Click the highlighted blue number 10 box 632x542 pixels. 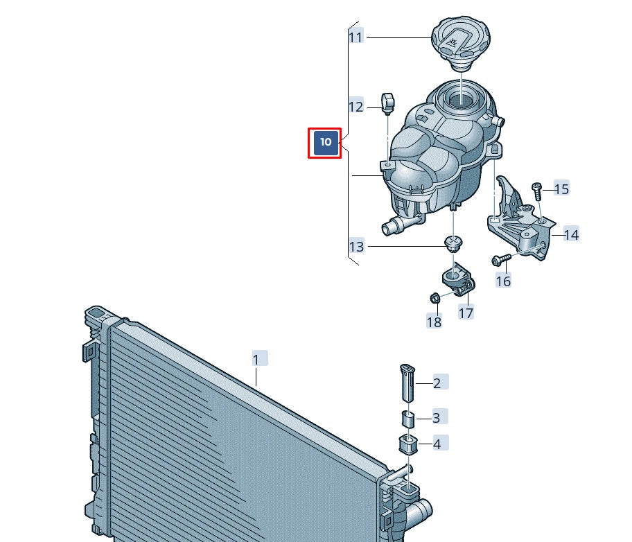325,143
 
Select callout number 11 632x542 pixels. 356,37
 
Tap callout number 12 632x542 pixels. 356,107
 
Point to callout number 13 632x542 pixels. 356,246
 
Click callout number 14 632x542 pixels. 571,234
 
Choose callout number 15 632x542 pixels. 561,189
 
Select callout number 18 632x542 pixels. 434,322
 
